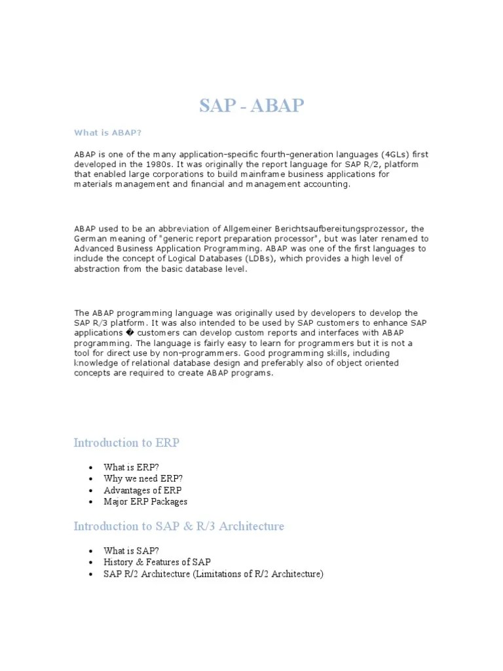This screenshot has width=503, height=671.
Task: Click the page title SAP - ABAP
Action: pyautogui.click(x=251, y=105)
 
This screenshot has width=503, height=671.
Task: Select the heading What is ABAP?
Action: pyautogui.click(x=107, y=133)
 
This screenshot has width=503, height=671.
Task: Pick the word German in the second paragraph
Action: pyautogui.click(x=90, y=239)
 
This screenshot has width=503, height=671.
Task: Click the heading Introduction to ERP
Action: pyautogui.click(x=126, y=443)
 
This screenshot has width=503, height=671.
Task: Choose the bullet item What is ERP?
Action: pyautogui.click(x=131, y=467)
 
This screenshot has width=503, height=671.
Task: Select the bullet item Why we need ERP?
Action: pyautogui.click(x=143, y=479)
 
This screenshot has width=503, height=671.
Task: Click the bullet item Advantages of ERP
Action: pyautogui.click(x=143, y=490)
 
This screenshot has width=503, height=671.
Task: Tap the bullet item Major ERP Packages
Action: pyautogui.click(x=145, y=502)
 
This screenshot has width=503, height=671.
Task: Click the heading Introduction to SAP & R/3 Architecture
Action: pyautogui.click(x=179, y=527)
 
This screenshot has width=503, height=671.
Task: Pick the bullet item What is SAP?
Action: pyautogui.click(x=131, y=551)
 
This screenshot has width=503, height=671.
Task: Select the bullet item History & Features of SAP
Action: pyautogui.click(x=157, y=563)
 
